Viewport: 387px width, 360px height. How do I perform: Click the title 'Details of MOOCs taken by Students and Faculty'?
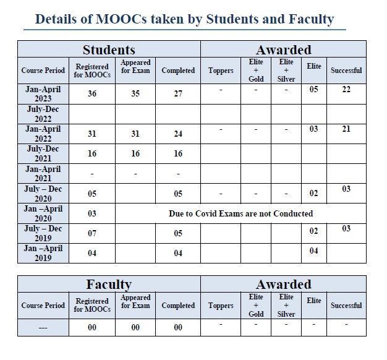[x=184, y=19]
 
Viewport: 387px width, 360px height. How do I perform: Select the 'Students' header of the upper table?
[x=109, y=50]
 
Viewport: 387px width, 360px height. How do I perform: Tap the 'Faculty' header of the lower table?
[x=109, y=285]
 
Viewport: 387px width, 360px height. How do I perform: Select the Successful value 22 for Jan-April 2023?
[x=346, y=90]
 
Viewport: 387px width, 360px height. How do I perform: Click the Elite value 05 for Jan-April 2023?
[x=313, y=90]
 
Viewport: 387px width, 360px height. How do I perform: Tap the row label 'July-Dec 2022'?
[x=43, y=114]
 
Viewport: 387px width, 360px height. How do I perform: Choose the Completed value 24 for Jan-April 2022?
[x=178, y=134]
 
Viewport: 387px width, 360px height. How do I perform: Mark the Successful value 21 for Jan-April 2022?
[x=346, y=129]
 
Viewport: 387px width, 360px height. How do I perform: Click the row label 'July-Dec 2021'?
[x=43, y=153]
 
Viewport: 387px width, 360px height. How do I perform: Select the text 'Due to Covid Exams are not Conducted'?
[x=241, y=213]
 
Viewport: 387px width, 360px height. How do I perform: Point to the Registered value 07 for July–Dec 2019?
[x=91, y=233]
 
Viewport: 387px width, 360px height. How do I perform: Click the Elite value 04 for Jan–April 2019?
[x=313, y=251]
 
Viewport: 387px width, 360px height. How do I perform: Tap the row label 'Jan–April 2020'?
[x=43, y=213]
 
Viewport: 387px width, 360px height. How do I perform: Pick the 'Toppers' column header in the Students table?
[x=221, y=71]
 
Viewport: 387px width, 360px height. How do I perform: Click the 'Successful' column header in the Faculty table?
[x=346, y=306]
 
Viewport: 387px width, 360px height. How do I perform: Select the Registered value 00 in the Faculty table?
[x=91, y=327]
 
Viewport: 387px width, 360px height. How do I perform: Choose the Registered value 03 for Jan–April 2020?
[x=91, y=213]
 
